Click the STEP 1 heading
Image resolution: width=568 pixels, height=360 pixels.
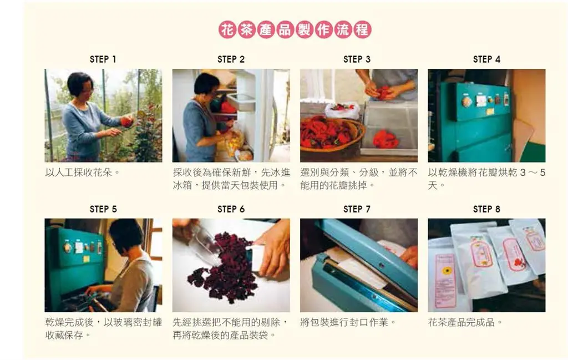tap(103, 59)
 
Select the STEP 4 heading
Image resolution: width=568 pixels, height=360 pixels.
tap(486, 59)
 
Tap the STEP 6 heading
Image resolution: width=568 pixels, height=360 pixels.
tap(231, 209)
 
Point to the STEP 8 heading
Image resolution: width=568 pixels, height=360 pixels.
tap(486, 209)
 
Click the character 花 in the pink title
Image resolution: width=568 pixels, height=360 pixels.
tap(227, 30)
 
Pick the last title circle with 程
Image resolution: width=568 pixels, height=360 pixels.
tap(362, 30)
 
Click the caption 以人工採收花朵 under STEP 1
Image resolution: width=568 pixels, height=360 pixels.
tap(83, 173)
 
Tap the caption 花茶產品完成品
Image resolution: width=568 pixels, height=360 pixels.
tap(465, 322)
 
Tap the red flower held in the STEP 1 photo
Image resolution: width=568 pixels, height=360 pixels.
tap(127, 121)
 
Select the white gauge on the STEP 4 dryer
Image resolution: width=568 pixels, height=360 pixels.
tap(481, 101)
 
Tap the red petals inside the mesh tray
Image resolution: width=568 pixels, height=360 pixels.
tap(386, 139)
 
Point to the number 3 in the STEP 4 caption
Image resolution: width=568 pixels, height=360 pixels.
tap(523, 173)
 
